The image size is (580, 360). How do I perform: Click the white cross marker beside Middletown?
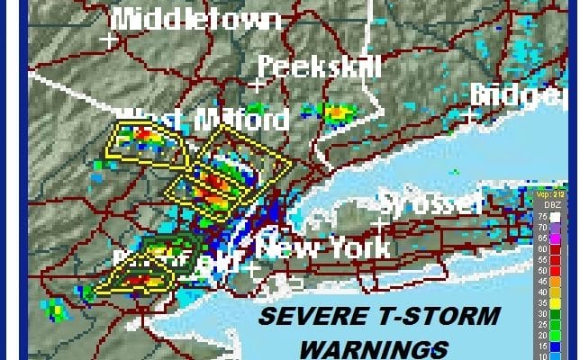(x=110, y=40)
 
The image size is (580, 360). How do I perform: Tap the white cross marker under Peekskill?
(x=258, y=85)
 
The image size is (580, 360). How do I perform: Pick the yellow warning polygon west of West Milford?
(x=143, y=143)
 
